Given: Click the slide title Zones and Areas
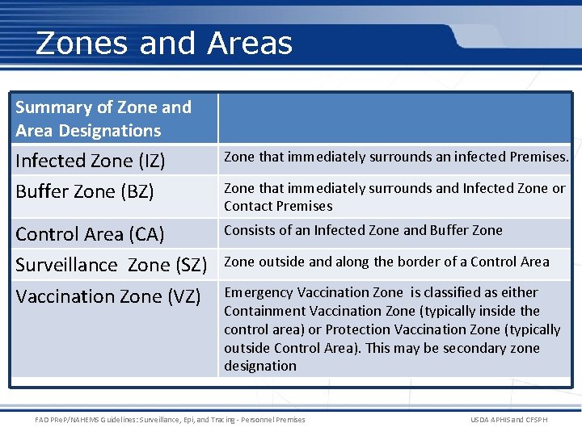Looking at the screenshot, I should tap(164, 43).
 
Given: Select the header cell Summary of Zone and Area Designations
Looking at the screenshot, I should tap(103, 119).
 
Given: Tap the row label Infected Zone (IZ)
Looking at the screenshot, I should tap(91, 161).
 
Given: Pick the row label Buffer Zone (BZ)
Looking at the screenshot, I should tap(85, 192).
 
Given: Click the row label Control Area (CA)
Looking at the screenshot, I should tap(90, 234).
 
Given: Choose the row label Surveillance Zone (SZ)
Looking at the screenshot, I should tap(112, 265).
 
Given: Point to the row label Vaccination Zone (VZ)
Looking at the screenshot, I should tap(108, 296).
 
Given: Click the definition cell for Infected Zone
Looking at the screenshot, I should tap(396, 157).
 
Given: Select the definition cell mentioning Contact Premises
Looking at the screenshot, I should tap(394, 197).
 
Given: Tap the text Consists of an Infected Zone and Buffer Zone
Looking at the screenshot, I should tap(363, 230).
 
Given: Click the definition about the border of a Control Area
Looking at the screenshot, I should tap(386, 262).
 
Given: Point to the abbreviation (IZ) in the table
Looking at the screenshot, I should tap(151, 161).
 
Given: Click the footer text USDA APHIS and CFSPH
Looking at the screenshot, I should tap(508, 420).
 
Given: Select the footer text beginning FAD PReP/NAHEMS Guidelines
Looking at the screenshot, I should tap(171, 420).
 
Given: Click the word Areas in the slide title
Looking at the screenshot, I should tap(250, 43).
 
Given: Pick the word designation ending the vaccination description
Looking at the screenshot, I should tap(260, 366).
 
